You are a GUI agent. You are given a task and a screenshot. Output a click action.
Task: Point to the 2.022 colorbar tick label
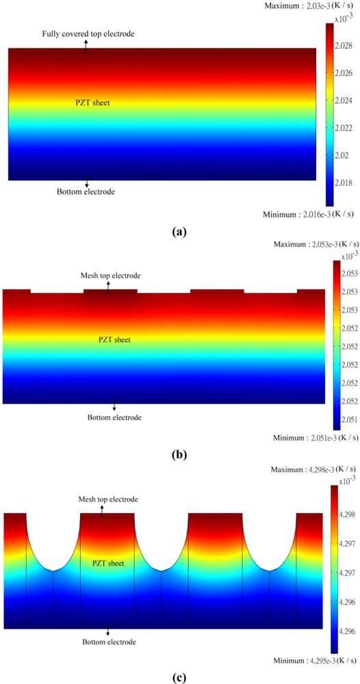click(x=344, y=128)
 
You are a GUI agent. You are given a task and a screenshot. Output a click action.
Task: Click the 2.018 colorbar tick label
click(x=344, y=183)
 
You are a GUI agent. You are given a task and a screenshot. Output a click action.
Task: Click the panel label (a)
click(x=179, y=232)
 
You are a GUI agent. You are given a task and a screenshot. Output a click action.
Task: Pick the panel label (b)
click(x=179, y=453)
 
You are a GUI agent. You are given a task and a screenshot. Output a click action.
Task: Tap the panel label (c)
click(x=179, y=678)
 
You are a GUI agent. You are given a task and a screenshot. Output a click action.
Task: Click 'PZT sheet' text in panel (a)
click(x=92, y=103)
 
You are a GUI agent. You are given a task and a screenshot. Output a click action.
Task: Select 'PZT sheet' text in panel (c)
click(x=108, y=563)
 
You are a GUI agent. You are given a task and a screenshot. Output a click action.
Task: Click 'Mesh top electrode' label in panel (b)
click(x=110, y=276)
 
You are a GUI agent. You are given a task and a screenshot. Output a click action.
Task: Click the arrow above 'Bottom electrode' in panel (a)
click(x=86, y=182)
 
